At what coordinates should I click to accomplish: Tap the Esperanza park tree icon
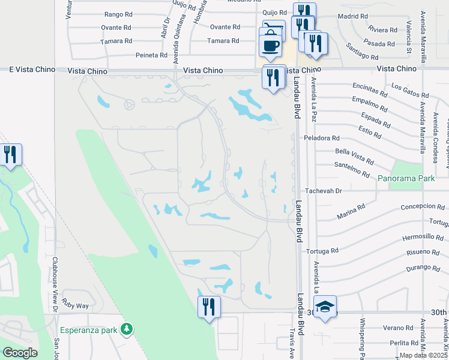[126, 328]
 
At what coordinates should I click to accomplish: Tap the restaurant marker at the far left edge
[10, 155]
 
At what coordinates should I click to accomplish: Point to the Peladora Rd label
[322, 138]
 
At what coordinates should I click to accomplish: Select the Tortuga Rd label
[322, 250]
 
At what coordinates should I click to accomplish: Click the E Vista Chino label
[28, 70]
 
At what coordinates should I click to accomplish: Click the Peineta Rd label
[152, 55]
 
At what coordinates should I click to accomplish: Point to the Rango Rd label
[118, 14]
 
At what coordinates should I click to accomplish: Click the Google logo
[20, 352]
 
